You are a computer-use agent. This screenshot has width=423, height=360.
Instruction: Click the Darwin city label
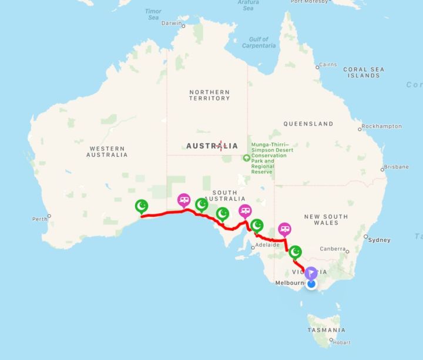pos(171,23)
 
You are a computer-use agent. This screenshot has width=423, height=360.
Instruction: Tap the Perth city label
pos(39,219)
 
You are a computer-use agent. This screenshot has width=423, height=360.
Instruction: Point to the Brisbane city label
pos(396,167)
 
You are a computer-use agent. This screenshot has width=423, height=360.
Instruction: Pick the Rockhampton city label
pos(382,126)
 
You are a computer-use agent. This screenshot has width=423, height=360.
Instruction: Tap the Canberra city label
pos(333,249)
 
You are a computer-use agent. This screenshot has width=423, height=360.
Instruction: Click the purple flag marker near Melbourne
pos(311,273)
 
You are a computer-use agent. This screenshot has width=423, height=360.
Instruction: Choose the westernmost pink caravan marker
pos(184,200)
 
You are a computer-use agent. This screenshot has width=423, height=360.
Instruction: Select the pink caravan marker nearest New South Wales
pos(284,228)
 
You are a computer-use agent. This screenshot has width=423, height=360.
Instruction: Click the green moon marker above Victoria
pos(296,252)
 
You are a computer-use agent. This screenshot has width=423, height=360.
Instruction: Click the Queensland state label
pos(308,124)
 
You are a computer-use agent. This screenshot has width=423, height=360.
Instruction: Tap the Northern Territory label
pos(209,95)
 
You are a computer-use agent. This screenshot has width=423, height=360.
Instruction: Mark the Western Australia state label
pos(106,152)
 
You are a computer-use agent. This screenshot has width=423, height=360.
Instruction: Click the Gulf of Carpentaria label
pos(258,42)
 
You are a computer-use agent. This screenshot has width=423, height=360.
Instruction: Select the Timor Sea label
pos(153,15)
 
